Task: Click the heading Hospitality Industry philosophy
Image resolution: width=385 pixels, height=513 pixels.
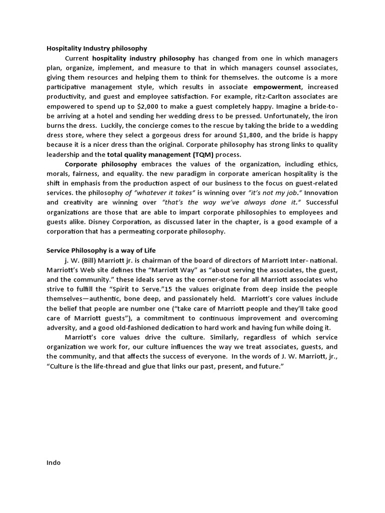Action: click(x=97, y=49)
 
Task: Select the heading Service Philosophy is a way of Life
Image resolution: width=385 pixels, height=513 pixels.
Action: click(x=104, y=250)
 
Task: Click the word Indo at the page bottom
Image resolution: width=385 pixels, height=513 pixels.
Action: click(x=53, y=462)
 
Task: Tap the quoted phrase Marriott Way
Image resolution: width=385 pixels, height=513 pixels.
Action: click(x=173, y=270)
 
